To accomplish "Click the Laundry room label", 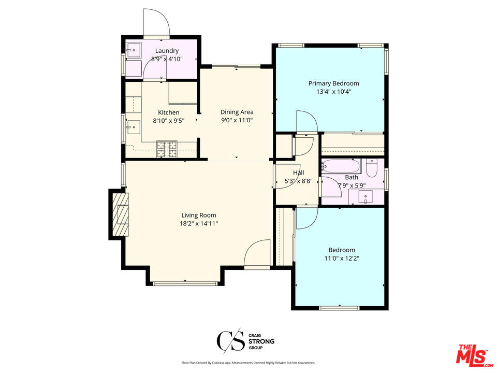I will click(167, 51).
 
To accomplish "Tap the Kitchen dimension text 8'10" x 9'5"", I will click(169, 121).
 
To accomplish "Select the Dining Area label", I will click(237, 112).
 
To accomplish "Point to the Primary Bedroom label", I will click(333, 83).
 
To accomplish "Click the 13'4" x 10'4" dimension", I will click(333, 92).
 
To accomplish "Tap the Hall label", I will click(298, 173).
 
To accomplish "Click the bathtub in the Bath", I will click(341, 166).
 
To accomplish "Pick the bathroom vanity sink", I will click(367, 196).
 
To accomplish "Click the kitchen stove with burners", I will click(167, 149).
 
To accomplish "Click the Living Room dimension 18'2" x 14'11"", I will click(199, 224).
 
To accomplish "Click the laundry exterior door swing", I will click(157, 24).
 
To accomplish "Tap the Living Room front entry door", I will click(257, 254).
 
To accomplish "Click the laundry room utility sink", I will click(134, 51).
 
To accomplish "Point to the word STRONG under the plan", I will click(262, 341).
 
